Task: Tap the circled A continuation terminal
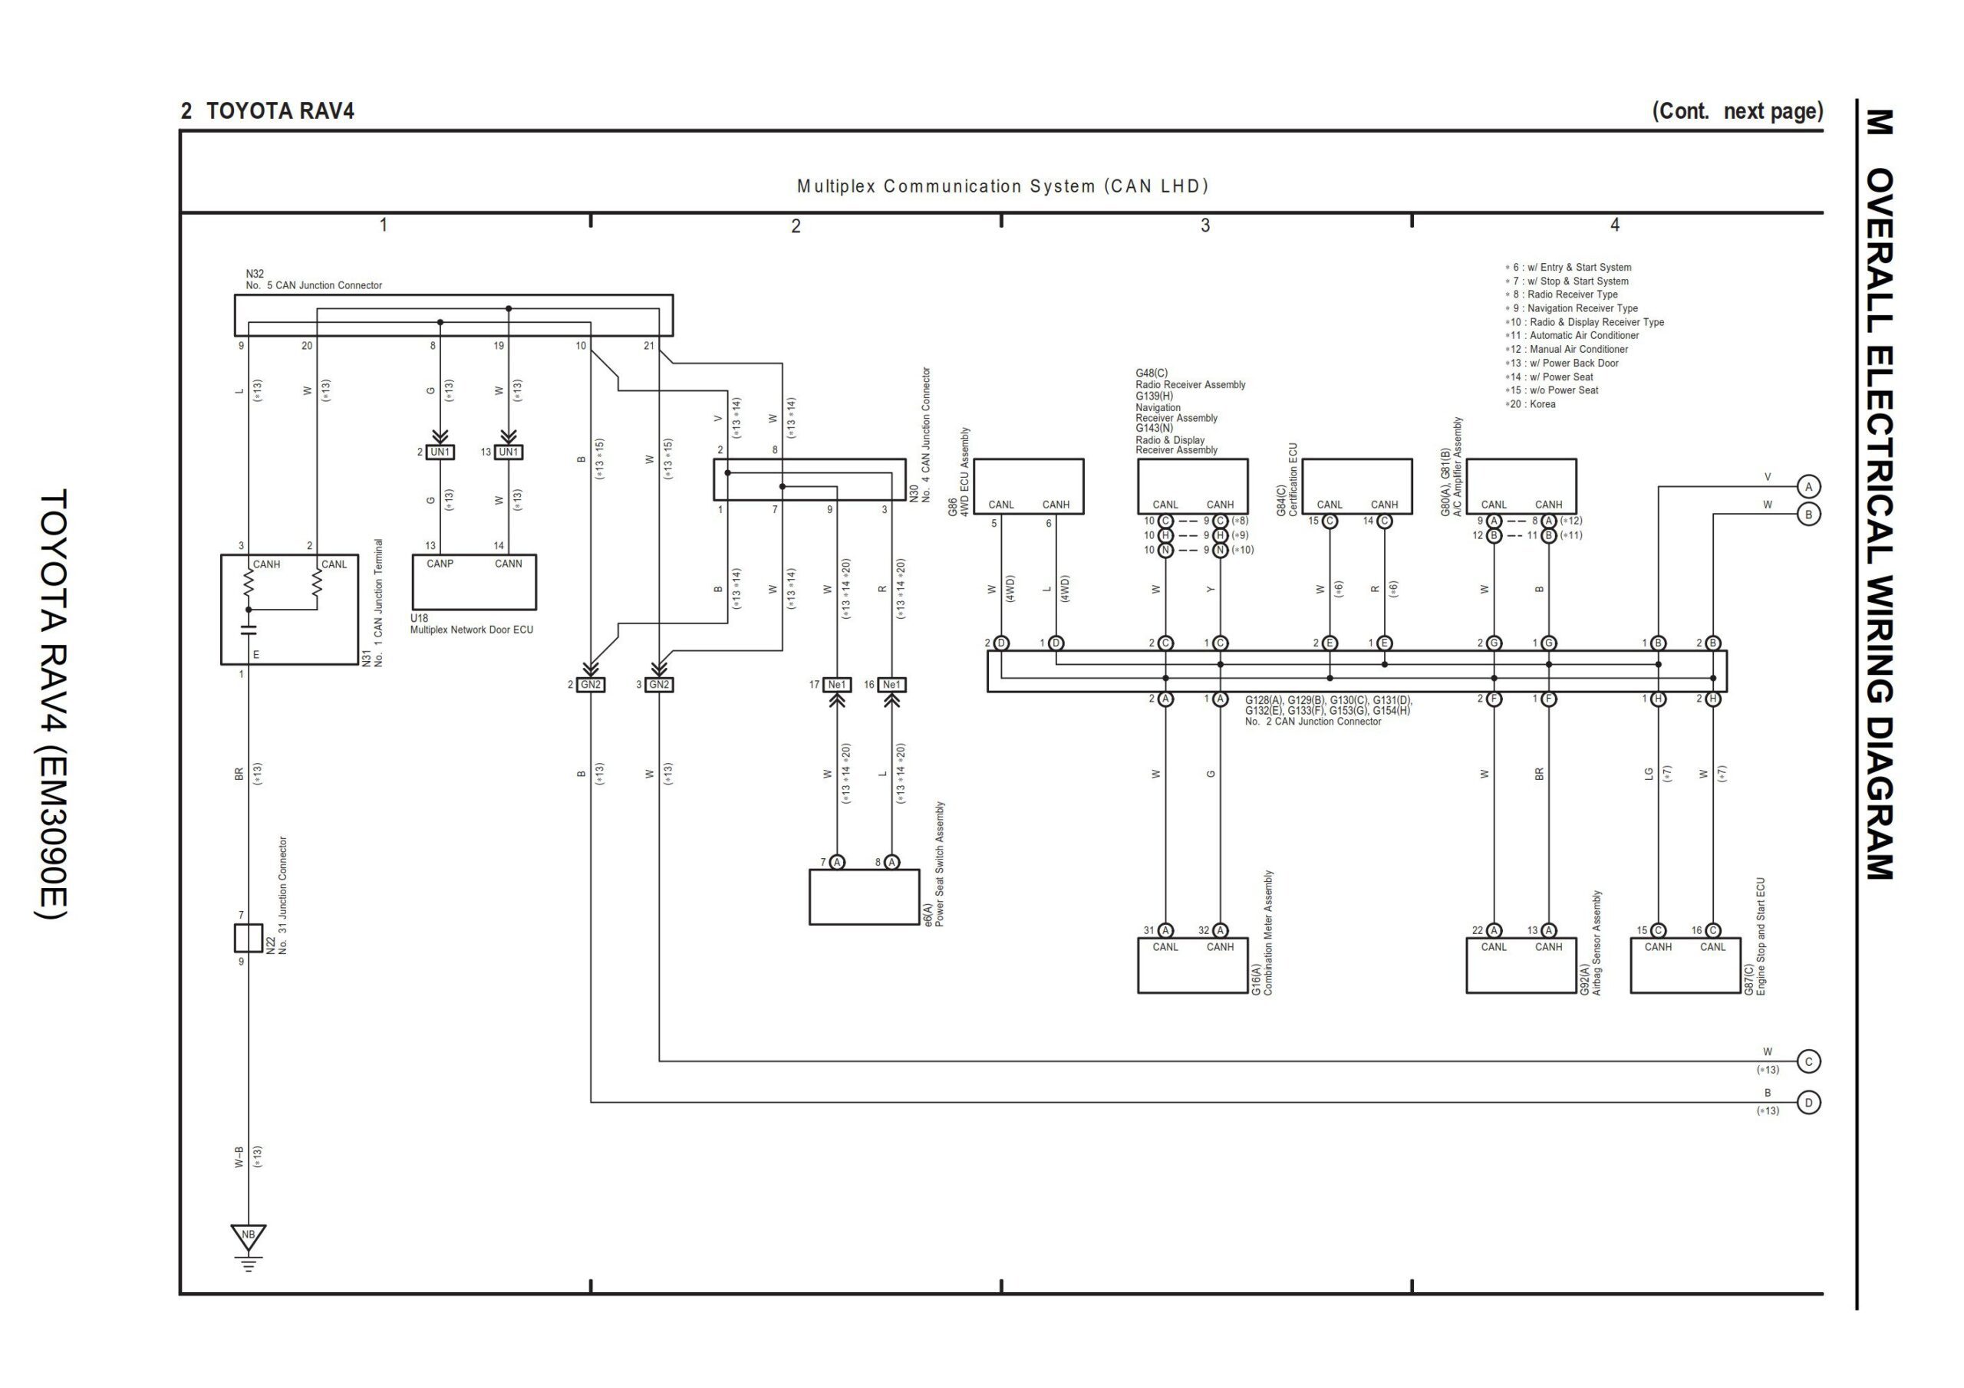(x=1808, y=487)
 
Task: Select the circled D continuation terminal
(x=1808, y=1103)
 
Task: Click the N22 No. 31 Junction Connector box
(x=248, y=938)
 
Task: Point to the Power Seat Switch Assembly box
(x=864, y=897)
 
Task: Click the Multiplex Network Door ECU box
(x=474, y=582)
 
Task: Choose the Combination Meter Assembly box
(x=1192, y=965)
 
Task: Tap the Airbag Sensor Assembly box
(x=1521, y=965)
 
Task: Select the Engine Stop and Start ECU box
(x=1686, y=965)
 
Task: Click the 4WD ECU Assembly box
(x=1028, y=485)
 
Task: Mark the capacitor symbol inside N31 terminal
(x=249, y=630)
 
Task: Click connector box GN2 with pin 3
(x=659, y=685)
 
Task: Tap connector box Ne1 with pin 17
(x=836, y=685)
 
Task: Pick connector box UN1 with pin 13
(x=508, y=452)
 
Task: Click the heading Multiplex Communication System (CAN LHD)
(x=1003, y=186)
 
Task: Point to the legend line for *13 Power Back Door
(x=1562, y=363)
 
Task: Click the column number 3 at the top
(x=1205, y=225)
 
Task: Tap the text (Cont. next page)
(x=1736, y=111)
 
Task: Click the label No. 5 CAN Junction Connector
(x=314, y=285)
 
